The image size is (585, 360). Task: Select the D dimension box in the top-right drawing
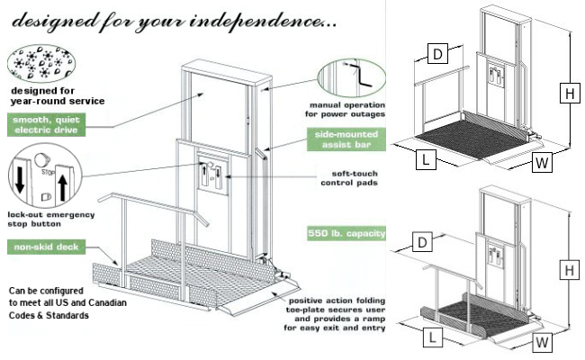coord(436,54)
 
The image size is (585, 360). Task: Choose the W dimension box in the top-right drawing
coord(541,164)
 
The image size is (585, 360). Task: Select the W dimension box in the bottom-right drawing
coord(541,343)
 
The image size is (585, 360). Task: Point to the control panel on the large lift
coord(213,171)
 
